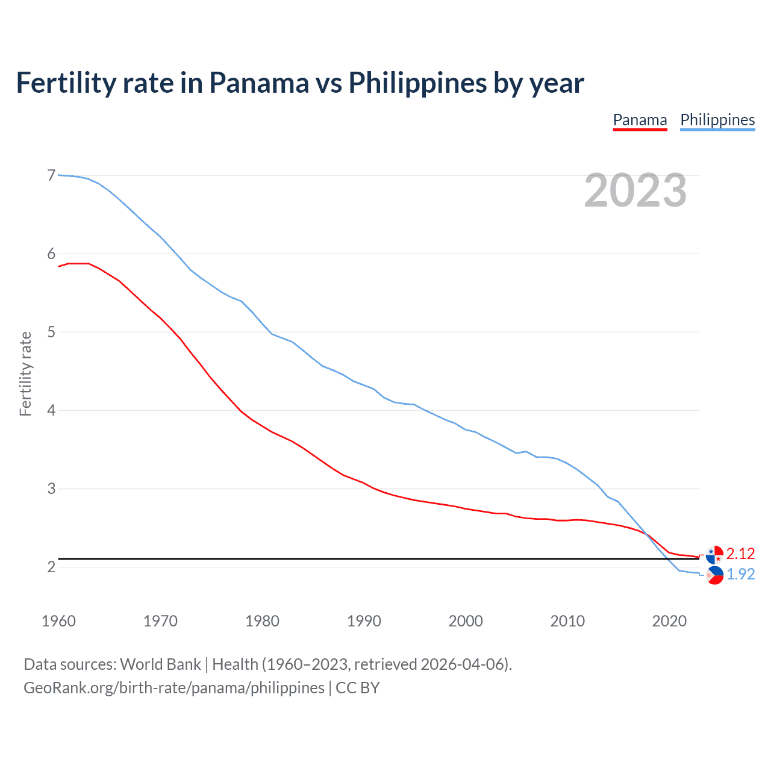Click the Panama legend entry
click(640, 120)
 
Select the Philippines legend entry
click(717, 120)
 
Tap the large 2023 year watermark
click(635, 190)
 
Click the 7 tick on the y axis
click(51, 175)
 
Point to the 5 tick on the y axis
click(51, 332)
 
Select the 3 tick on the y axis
click(51, 489)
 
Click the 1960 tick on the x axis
click(58, 621)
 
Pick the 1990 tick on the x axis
click(364, 621)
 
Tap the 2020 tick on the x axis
click(669, 621)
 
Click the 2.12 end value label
click(740, 554)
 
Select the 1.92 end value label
click(740, 574)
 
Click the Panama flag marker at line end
click(714, 554)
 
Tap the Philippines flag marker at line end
click(714, 575)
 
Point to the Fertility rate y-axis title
click(25, 373)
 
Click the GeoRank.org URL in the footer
click(173, 688)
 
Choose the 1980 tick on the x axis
click(262, 621)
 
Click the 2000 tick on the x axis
click(466, 621)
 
